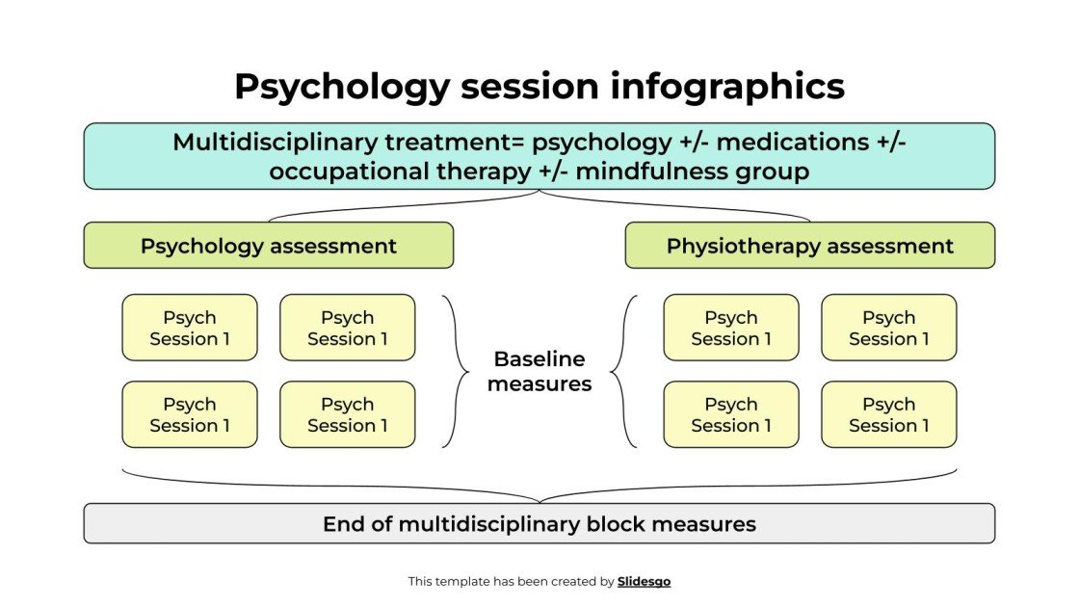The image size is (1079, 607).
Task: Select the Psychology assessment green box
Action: [268, 246]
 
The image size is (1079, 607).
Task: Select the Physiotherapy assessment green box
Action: [809, 246]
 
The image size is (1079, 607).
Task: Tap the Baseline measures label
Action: [539, 371]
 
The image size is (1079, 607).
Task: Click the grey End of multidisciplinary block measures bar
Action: [539, 524]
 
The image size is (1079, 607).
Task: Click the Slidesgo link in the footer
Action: [644, 581]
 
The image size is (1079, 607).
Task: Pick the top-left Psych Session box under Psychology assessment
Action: [190, 328]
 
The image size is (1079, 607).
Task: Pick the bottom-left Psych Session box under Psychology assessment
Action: [190, 414]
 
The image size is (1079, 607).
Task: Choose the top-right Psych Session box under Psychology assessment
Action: [348, 328]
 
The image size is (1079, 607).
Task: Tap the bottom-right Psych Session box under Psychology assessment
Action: [348, 414]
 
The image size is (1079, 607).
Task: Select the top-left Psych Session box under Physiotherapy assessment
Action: [731, 328]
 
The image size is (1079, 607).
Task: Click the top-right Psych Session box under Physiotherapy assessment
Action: [889, 328]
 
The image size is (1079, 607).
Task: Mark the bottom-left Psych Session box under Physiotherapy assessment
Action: [731, 414]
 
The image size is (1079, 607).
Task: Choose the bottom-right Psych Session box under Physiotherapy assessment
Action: [889, 414]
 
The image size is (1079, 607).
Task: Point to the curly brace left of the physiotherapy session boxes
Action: [623, 371]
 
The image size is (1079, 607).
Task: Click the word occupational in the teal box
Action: [345, 172]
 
